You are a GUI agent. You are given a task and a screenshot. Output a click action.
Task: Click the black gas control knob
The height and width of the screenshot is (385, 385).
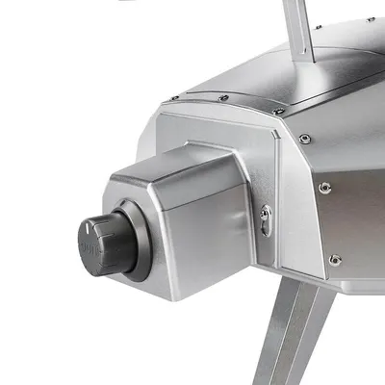tap(104, 242)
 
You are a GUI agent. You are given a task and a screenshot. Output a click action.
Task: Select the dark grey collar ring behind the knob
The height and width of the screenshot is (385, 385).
tap(135, 241)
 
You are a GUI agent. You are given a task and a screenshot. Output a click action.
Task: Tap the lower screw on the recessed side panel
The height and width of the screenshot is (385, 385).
tap(334, 259)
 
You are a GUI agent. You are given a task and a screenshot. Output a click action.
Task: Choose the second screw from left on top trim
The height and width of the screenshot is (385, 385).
tap(223, 97)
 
